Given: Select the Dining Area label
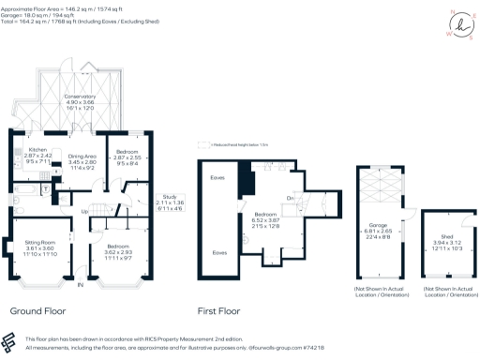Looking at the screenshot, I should [82, 157].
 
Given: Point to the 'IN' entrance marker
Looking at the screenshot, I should [80, 284].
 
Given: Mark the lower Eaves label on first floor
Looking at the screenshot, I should [218, 252].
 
